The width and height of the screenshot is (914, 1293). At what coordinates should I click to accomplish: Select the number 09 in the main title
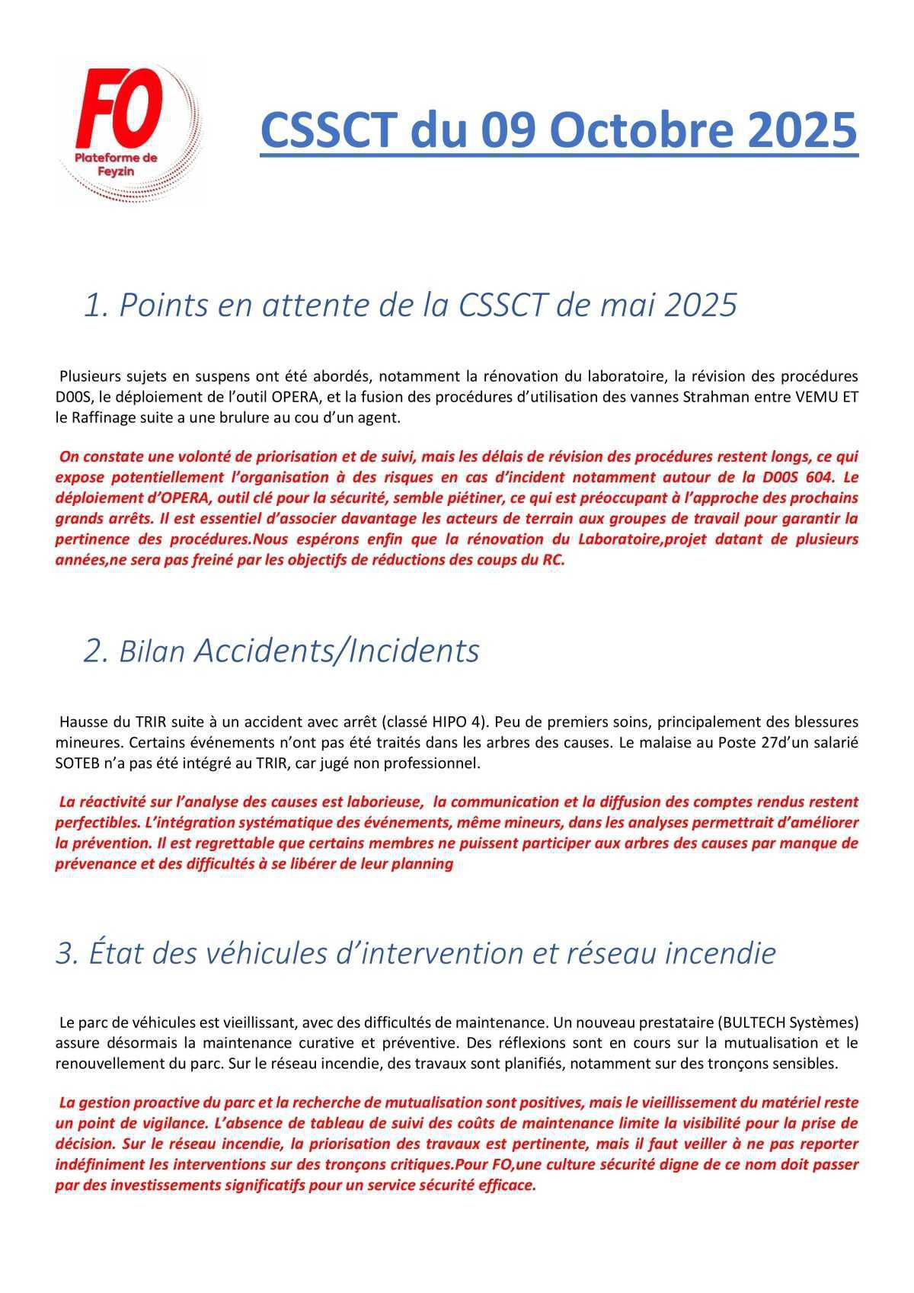tap(510, 130)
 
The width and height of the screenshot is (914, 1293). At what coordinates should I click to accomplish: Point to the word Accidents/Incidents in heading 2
tap(337, 651)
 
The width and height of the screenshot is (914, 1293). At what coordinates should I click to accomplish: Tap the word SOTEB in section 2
tap(77, 763)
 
